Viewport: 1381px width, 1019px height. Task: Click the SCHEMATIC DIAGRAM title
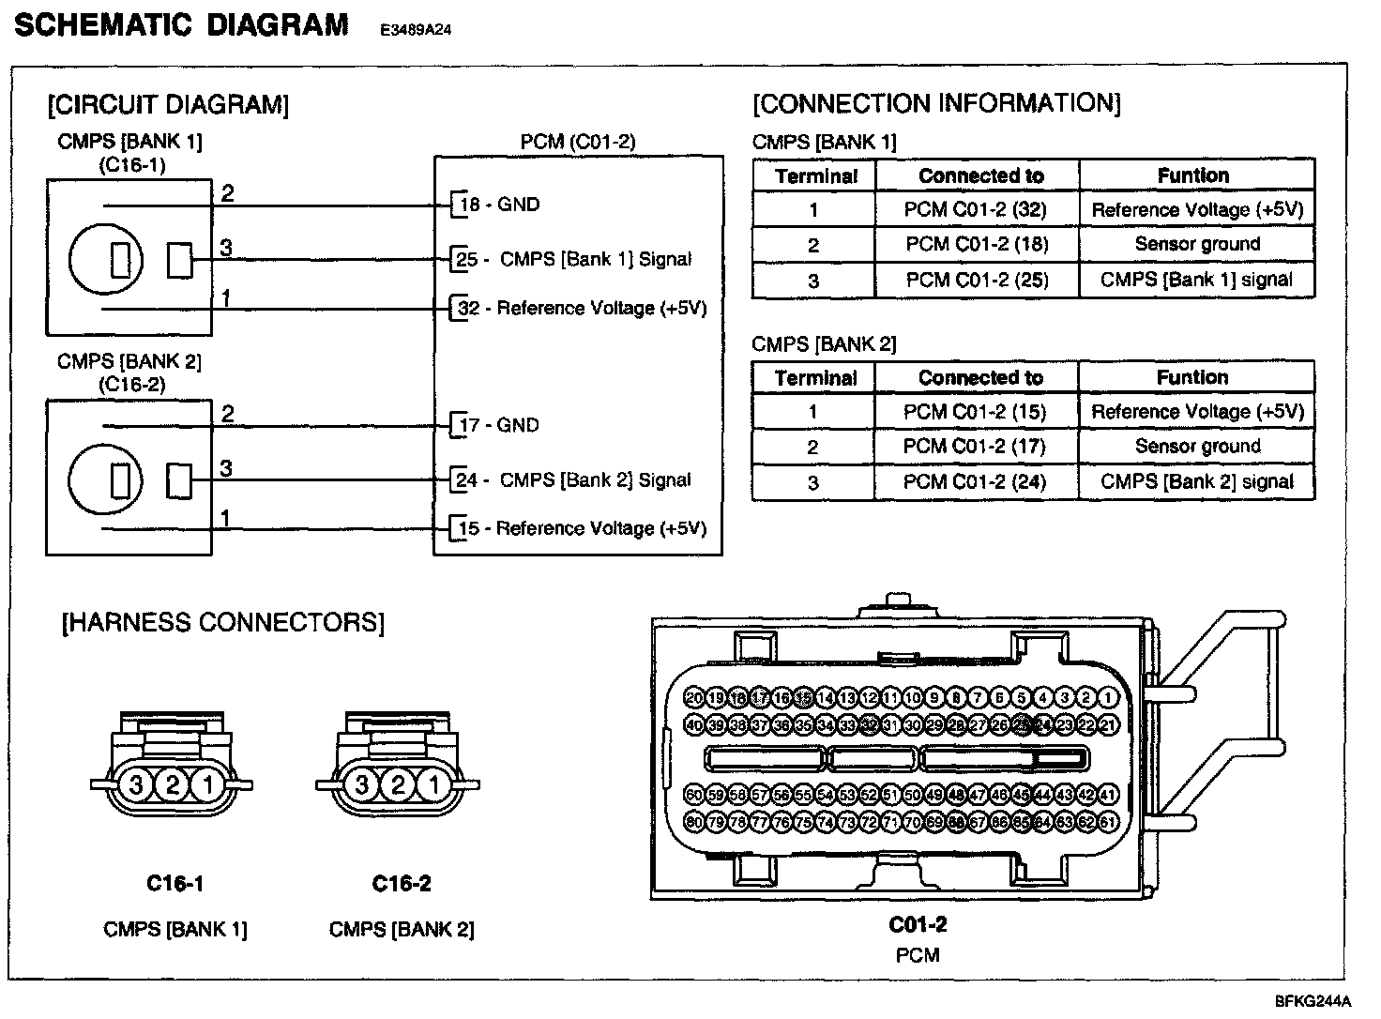tap(182, 25)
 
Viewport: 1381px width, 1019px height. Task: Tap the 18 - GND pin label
tap(499, 205)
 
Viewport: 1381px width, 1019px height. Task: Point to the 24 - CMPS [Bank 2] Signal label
tap(573, 480)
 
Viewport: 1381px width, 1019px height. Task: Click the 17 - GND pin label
tap(499, 425)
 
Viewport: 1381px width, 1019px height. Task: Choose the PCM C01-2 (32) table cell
tap(975, 209)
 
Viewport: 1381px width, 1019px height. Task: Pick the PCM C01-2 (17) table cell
tap(975, 447)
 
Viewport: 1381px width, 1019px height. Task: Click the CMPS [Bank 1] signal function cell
tap(1196, 280)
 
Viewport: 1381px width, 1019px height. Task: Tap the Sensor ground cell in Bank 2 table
tap(1197, 447)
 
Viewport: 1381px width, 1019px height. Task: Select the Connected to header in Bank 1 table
tap(980, 175)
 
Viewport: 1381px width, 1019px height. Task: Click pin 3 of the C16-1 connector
tap(136, 784)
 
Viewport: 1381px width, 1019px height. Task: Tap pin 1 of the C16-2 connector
tap(434, 784)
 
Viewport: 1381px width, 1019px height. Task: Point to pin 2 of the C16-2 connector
tap(399, 784)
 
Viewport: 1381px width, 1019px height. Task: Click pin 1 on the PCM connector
tap(1108, 698)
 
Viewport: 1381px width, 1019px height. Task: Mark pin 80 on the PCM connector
tap(694, 822)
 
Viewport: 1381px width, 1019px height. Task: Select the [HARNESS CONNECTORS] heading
tap(223, 623)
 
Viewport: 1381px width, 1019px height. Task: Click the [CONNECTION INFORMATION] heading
tap(936, 103)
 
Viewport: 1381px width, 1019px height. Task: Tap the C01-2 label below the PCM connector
tap(918, 925)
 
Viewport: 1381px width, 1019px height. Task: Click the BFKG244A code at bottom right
tap(1313, 1000)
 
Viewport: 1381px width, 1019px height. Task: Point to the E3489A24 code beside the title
tap(416, 30)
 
